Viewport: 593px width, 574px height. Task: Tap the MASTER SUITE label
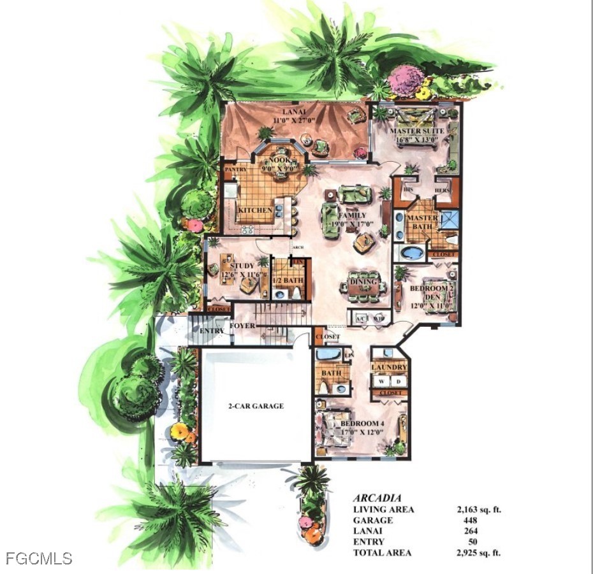pos(417,131)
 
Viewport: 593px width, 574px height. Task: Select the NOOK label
pos(278,161)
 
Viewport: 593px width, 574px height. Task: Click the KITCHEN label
pos(255,210)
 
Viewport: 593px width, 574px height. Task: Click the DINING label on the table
pos(363,282)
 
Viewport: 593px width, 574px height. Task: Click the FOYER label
pos(243,326)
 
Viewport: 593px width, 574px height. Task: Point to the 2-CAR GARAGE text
pos(256,406)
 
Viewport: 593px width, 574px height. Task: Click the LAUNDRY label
pos(390,368)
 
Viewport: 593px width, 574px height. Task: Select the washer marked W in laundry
pos(382,380)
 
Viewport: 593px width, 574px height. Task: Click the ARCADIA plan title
pos(377,498)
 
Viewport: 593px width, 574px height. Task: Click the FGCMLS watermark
pos(39,559)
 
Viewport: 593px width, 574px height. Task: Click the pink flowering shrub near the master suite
pos(406,81)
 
